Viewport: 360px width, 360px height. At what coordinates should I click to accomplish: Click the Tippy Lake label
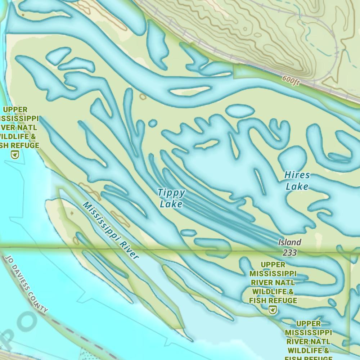171,198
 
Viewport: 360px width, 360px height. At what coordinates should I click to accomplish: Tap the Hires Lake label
297,181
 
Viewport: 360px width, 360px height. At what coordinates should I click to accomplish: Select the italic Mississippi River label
111,230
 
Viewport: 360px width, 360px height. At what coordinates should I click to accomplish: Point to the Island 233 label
290,247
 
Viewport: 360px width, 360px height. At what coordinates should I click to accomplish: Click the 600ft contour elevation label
291,81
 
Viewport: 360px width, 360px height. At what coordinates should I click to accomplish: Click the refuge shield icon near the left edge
15,155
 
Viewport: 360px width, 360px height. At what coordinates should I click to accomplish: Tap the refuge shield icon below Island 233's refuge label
273,310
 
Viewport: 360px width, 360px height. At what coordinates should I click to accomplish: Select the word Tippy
171,193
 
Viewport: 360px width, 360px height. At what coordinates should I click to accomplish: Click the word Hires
297,175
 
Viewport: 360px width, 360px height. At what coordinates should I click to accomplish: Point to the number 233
290,253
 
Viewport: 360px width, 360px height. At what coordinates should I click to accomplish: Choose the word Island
290,242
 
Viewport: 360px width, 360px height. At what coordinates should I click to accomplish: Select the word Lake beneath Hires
297,186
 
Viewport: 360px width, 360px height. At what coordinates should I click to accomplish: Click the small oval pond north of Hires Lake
239,111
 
